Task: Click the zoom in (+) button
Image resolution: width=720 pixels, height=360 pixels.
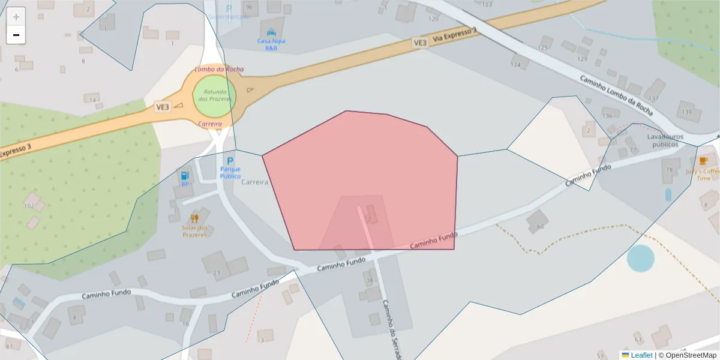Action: pyautogui.click(x=16, y=17)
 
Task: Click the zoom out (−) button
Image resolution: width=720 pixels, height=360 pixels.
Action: pyautogui.click(x=16, y=35)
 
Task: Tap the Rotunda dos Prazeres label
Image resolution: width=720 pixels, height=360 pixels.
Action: pyautogui.click(x=214, y=95)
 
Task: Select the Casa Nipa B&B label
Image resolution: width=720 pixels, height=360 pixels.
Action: pyautogui.click(x=271, y=44)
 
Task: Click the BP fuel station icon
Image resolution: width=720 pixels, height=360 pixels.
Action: pyautogui.click(x=185, y=176)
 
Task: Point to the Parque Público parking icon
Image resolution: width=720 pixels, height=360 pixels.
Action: pyautogui.click(x=230, y=161)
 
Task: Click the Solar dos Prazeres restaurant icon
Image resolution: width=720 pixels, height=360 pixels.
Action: pyautogui.click(x=194, y=218)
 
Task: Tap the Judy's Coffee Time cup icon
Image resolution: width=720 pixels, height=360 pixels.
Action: pyautogui.click(x=703, y=161)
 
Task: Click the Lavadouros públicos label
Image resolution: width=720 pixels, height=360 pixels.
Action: pyautogui.click(x=662, y=140)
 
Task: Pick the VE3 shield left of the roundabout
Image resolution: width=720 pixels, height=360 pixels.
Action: pyautogui.click(x=163, y=107)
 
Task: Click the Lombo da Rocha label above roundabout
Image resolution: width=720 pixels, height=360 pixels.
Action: pyautogui.click(x=219, y=70)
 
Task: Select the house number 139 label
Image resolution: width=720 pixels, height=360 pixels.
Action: pyautogui.click(x=688, y=112)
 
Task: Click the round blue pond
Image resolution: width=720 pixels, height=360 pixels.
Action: pyautogui.click(x=641, y=258)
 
